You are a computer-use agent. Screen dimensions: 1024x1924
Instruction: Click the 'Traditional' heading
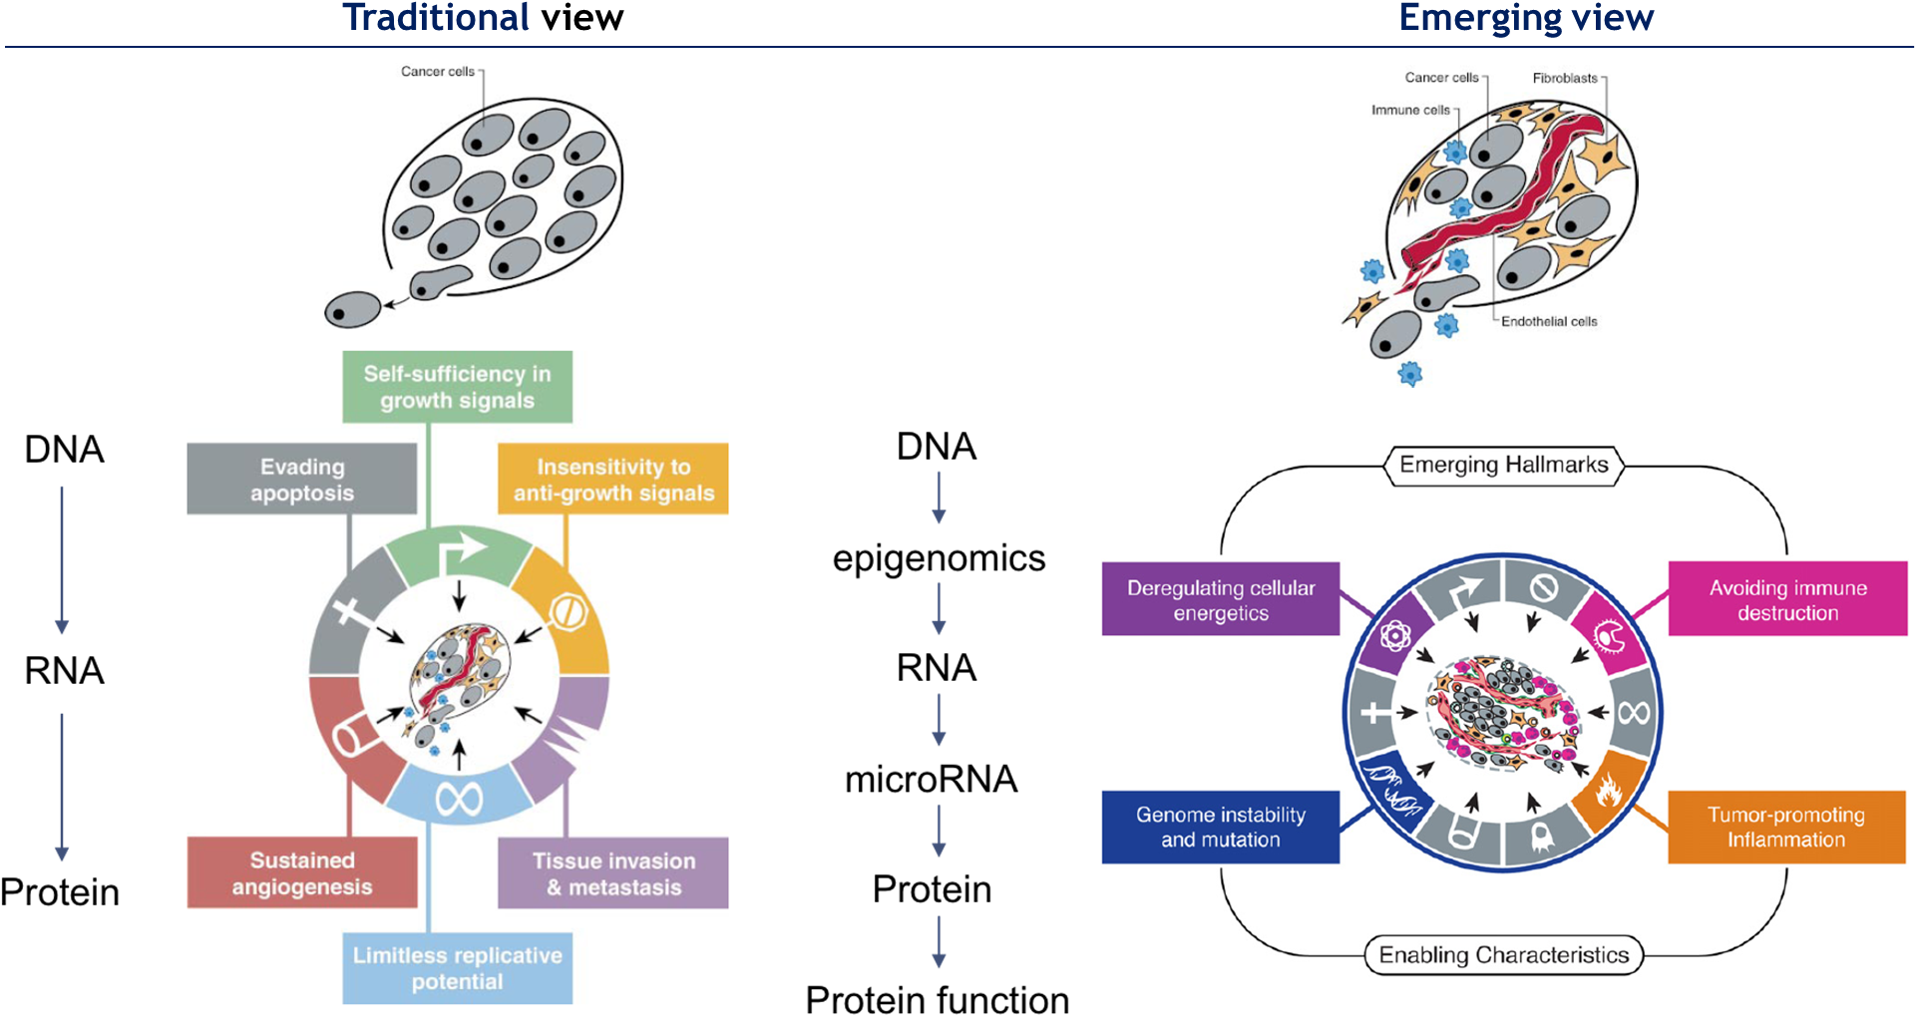click(x=436, y=18)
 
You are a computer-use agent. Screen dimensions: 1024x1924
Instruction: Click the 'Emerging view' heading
click(x=1526, y=18)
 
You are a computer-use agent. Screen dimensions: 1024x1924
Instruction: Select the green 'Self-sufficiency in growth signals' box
click(x=458, y=387)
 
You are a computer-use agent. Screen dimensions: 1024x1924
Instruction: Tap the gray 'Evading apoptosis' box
click(x=302, y=480)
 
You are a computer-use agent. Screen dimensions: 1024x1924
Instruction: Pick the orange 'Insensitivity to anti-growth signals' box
click(x=613, y=480)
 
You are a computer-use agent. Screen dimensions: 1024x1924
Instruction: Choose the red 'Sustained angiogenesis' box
click(x=302, y=873)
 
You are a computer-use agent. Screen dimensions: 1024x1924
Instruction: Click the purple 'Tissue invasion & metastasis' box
click(x=613, y=873)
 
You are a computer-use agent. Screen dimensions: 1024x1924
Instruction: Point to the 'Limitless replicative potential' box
click(x=458, y=968)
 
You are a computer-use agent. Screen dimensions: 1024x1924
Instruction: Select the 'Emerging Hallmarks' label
click(x=1504, y=465)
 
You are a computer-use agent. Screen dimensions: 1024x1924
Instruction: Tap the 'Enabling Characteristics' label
click(x=1504, y=955)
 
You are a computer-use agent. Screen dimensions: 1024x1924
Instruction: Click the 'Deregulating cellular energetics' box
click(x=1221, y=600)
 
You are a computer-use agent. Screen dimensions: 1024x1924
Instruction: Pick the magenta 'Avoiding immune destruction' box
click(x=1787, y=600)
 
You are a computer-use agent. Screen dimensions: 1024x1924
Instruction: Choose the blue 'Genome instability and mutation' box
click(x=1221, y=827)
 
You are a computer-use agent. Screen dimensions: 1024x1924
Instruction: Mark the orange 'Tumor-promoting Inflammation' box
click(x=1786, y=827)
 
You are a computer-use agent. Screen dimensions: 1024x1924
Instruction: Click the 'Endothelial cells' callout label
click(x=1549, y=322)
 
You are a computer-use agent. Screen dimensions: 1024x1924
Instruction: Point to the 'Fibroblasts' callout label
click(x=1565, y=78)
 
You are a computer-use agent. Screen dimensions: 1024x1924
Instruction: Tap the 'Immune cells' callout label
click(x=1410, y=110)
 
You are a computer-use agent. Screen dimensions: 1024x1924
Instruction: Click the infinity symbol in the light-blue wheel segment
click(x=459, y=798)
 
